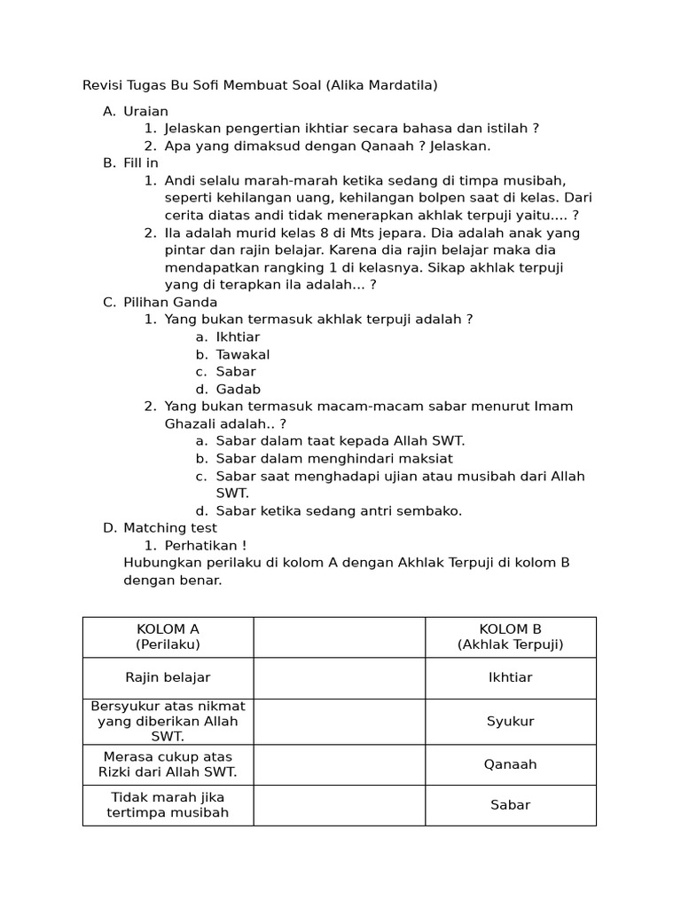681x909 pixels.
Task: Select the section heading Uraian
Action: coord(145,111)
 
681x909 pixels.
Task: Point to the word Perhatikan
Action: coord(199,545)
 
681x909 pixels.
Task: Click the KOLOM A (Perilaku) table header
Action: coord(168,636)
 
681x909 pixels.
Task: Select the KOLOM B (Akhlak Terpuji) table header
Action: coord(510,636)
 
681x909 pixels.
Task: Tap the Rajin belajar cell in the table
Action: coord(168,677)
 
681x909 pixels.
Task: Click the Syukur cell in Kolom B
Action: coord(510,721)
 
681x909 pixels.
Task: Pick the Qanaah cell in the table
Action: coord(510,764)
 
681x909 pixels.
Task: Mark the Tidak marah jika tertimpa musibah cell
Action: coord(168,804)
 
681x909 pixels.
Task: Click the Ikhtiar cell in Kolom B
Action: coord(510,677)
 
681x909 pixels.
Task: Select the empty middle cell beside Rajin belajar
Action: coord(339,677)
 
